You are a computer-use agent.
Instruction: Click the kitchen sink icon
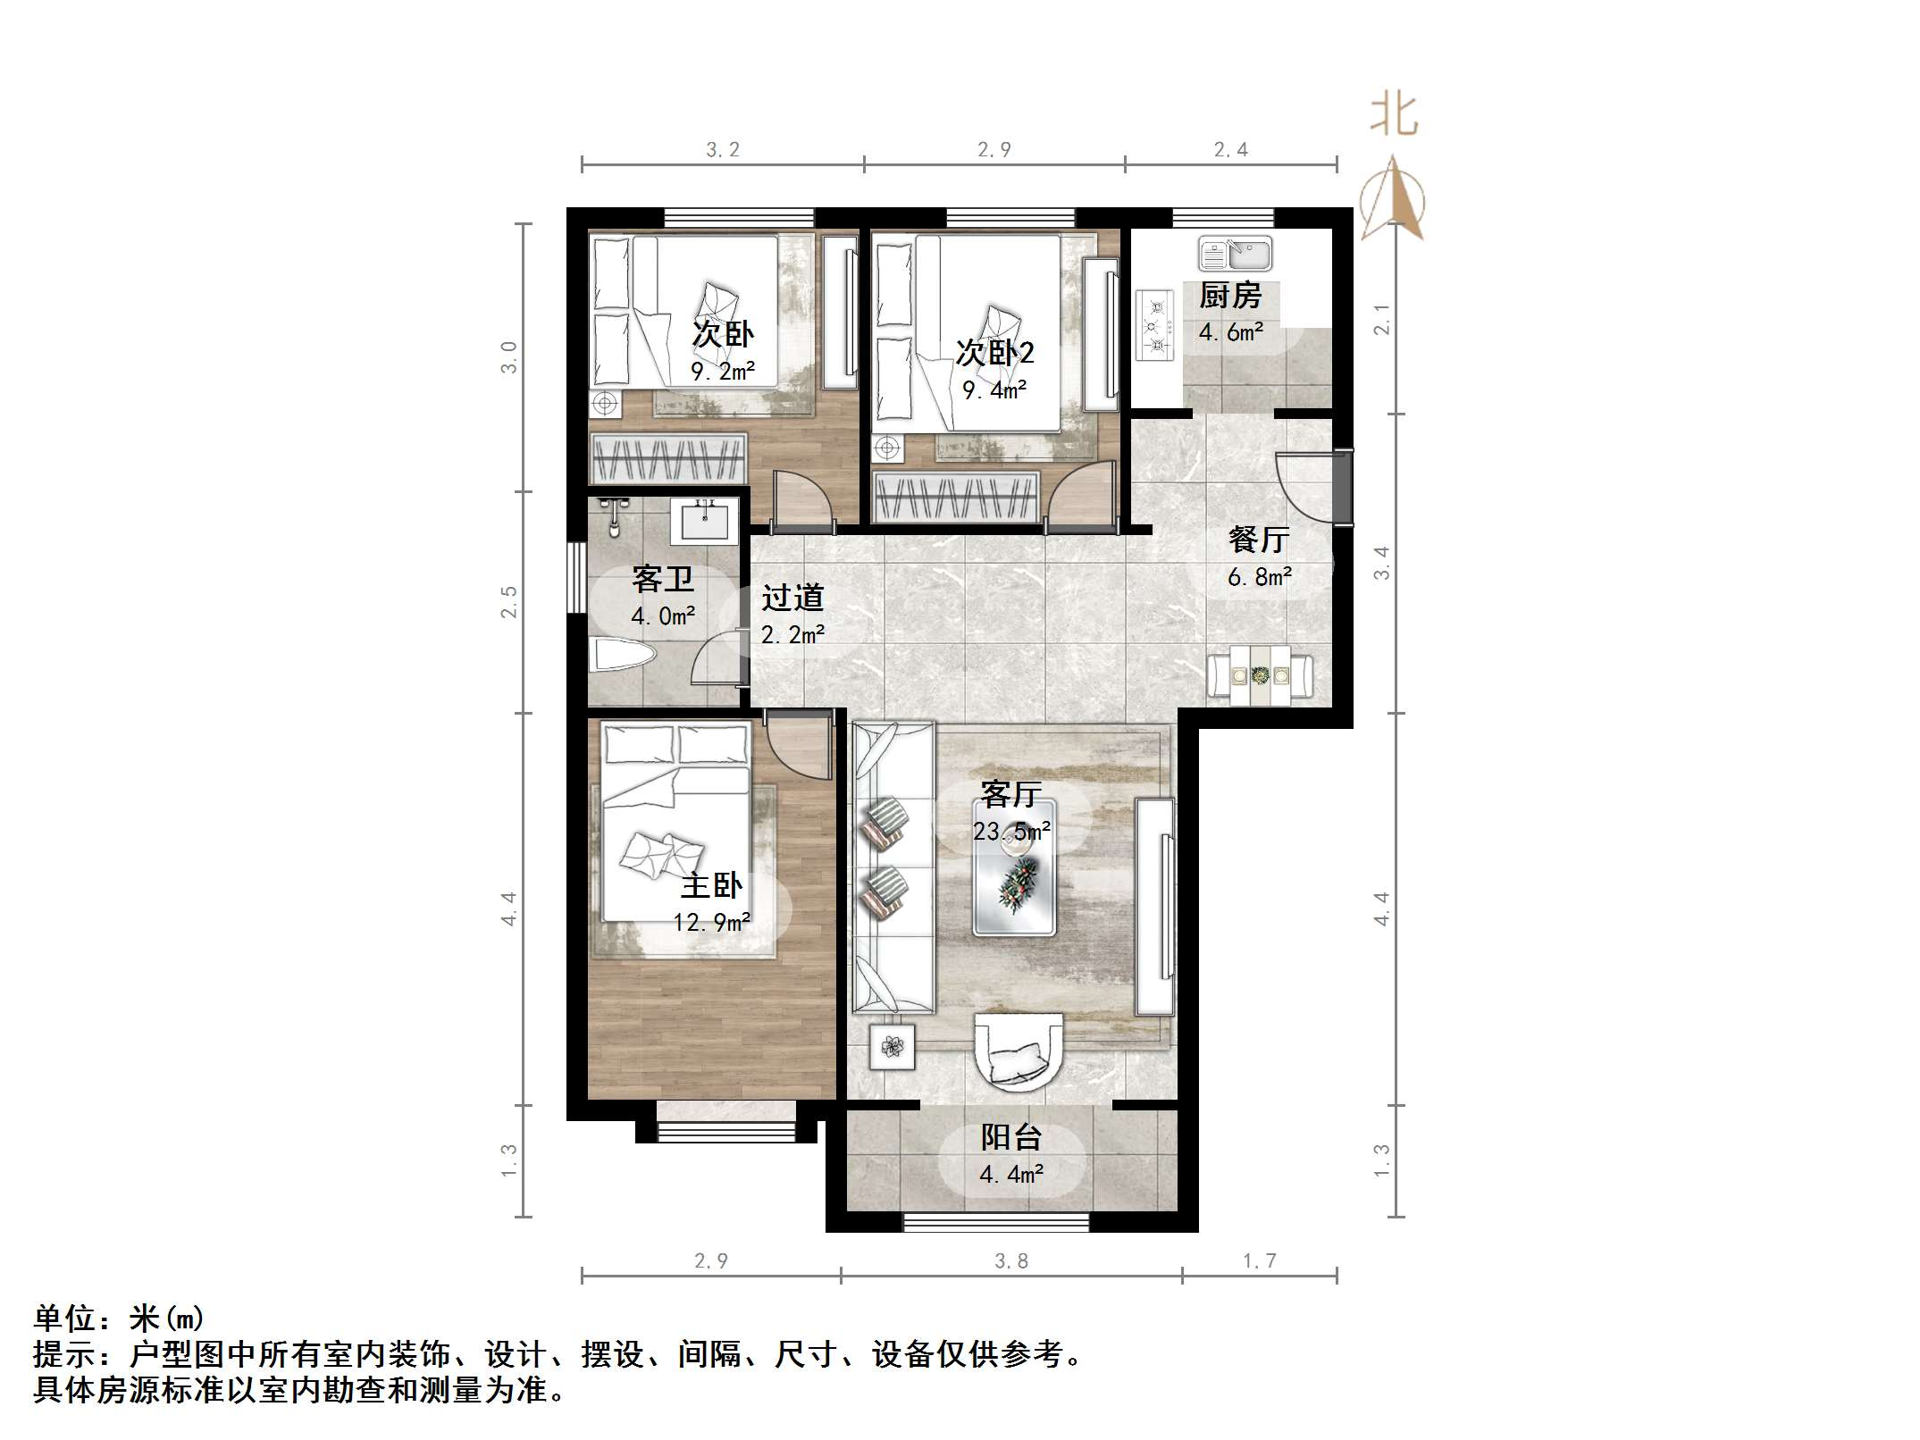pos(1235,254)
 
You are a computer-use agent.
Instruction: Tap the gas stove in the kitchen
pos(1154,326)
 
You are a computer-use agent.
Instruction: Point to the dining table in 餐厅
pos(1260,676)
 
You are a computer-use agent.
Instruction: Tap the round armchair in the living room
pos(1018,1052)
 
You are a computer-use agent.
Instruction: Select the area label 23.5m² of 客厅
pos(1011,832)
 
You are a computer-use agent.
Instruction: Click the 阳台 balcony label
pos(1011,1137)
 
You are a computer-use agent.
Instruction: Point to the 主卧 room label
pos(711,885)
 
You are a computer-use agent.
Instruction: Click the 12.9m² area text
pos(711,922)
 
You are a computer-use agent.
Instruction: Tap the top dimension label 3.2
pos(723,150)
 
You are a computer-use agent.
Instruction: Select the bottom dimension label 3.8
pos(1011,1260)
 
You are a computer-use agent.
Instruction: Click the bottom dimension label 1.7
pos(1260,1260)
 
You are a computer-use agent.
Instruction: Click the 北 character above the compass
pos(1394,116)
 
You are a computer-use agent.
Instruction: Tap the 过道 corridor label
pos(792,598)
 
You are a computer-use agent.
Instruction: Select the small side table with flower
pos(892,1045)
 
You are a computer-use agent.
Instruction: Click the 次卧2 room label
pos(994,353)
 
